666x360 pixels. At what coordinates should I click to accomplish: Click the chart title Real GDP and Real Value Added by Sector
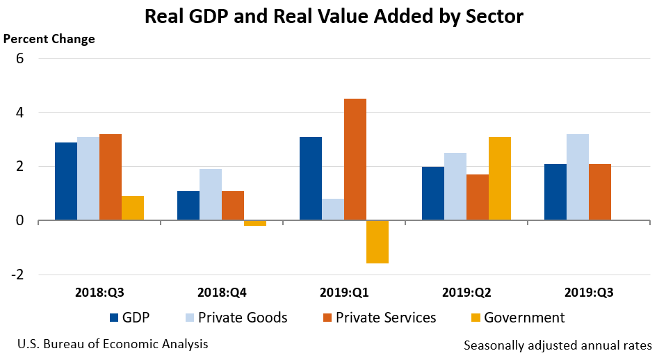(333, 17)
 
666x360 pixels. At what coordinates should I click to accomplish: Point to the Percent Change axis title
(49, 39)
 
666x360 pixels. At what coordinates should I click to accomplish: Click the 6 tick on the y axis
(20, 58)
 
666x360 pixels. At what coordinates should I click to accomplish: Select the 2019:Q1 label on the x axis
(343, 293)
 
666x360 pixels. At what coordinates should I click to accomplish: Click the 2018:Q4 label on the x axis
(221, 293)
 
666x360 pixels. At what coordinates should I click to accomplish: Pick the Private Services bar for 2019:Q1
(355, 160)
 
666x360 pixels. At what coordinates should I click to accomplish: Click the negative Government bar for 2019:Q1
(377, 242)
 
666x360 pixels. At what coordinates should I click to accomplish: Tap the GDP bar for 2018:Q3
(66, 181)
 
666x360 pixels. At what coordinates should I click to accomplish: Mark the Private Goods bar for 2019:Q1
(332, 209)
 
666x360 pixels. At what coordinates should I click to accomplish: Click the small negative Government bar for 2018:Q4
(254, 223)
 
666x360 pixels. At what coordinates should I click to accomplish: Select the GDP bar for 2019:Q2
(432, 193)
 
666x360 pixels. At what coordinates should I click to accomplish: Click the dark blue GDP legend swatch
(115, 318)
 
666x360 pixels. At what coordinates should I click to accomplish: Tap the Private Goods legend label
(243, 318)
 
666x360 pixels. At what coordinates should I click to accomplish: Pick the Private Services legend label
(386, 318)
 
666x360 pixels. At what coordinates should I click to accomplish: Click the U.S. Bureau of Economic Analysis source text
(112, 344)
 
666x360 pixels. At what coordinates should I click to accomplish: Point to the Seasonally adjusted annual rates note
(557, 345)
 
